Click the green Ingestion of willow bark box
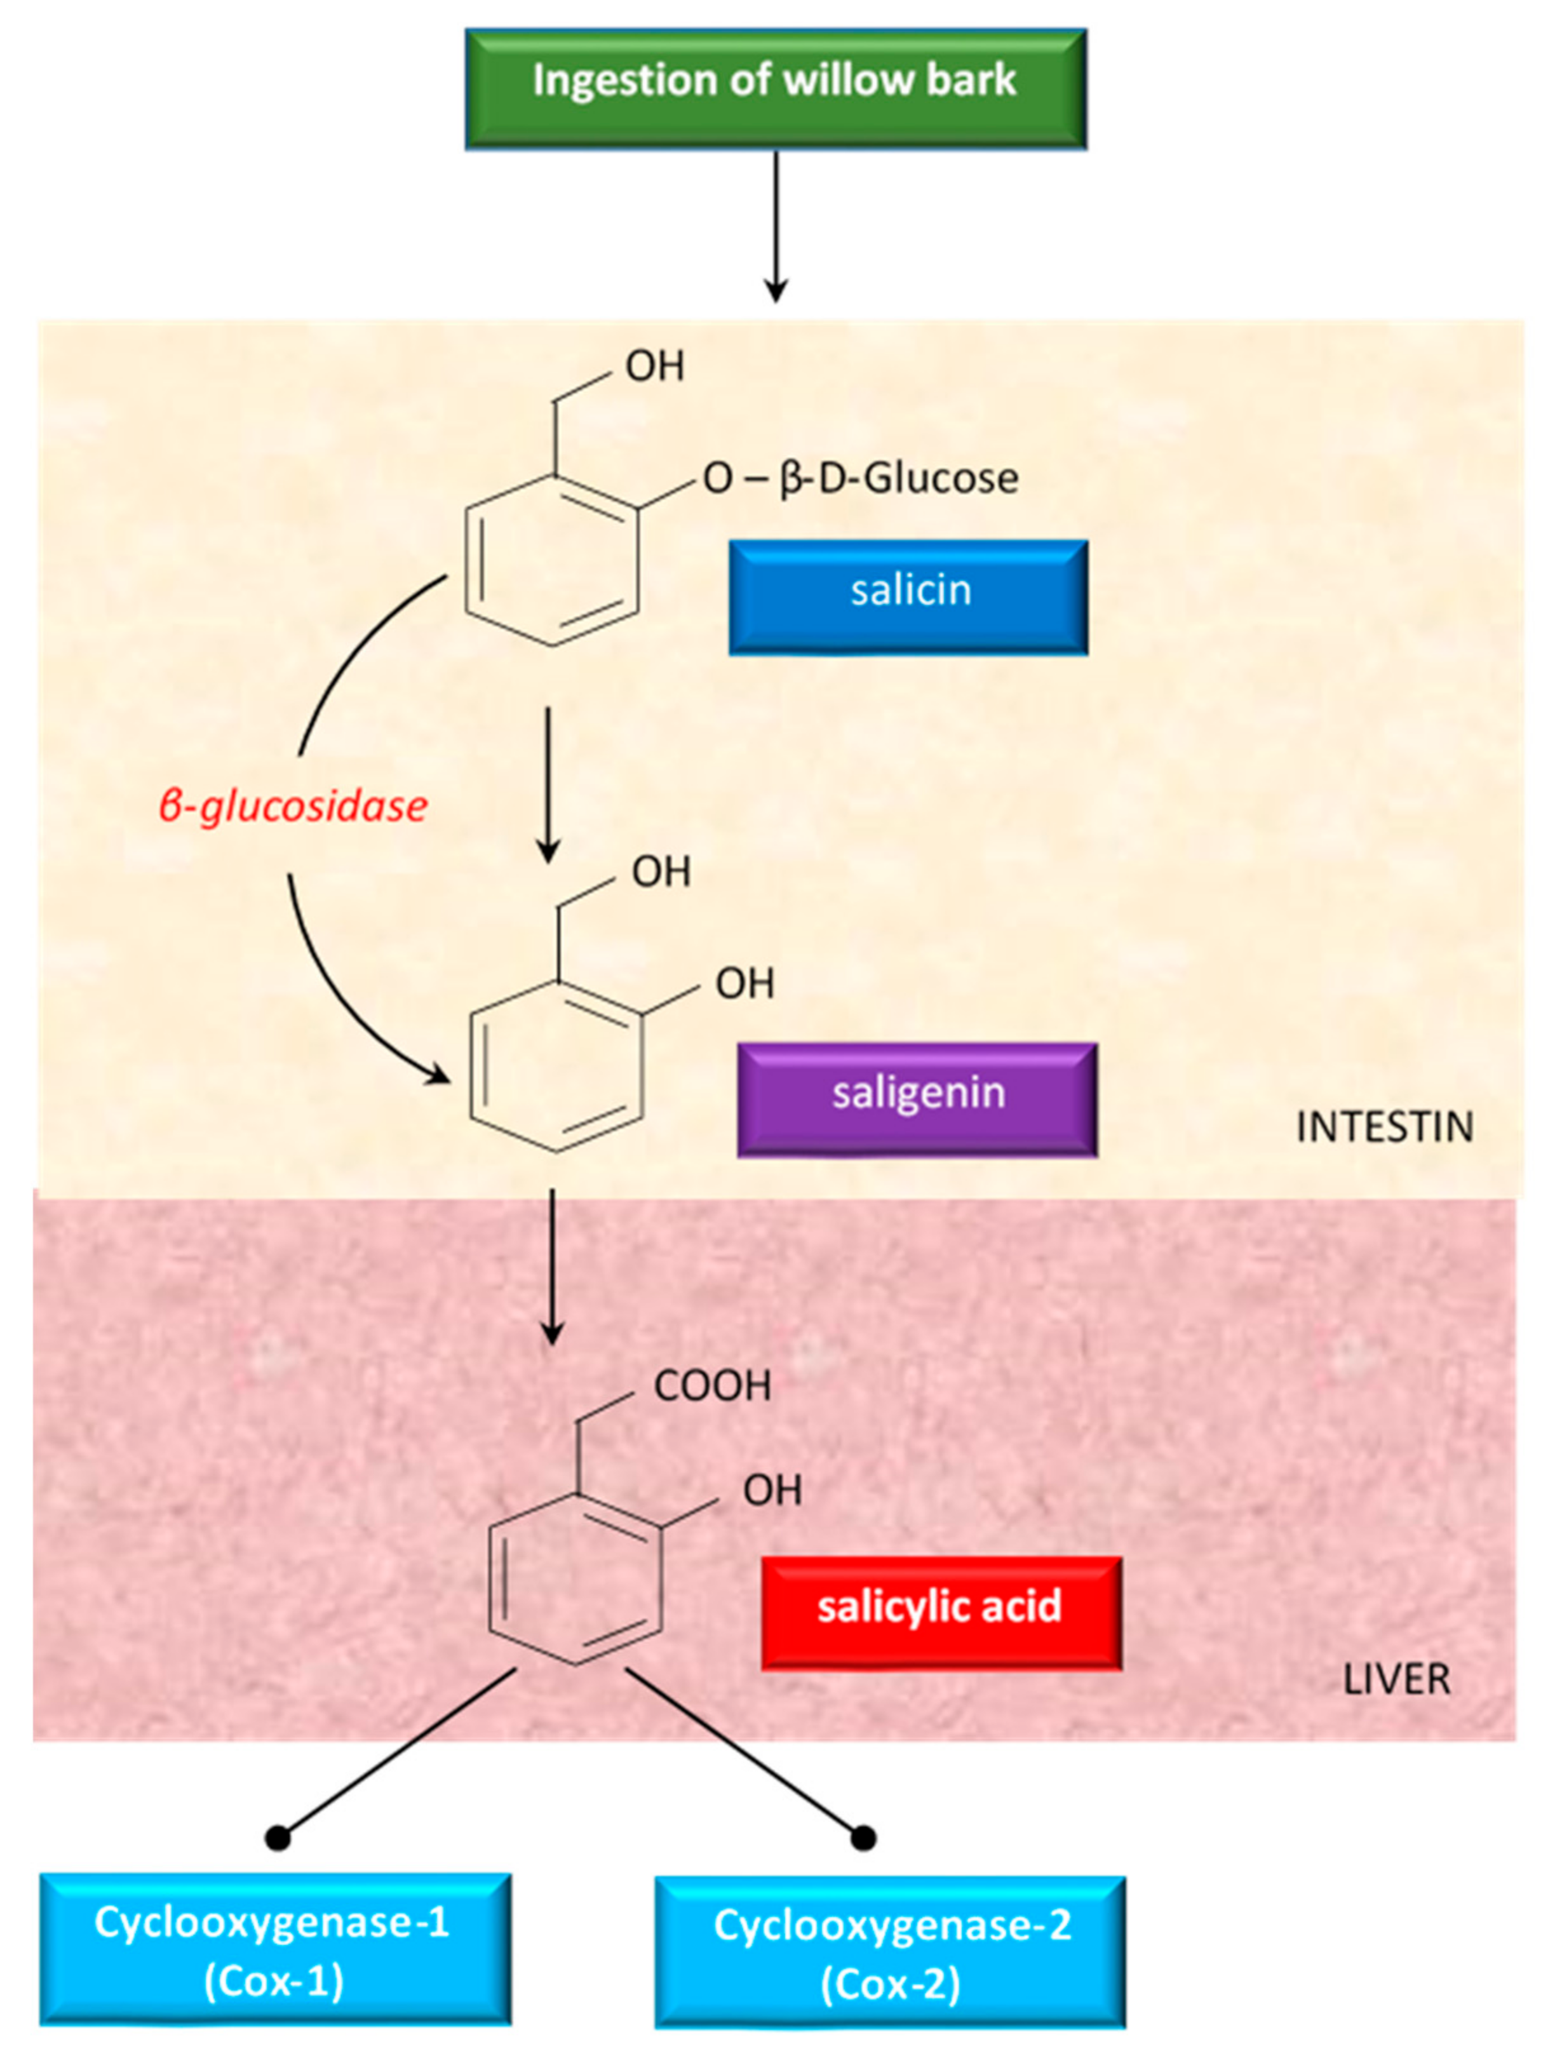coord(775,88)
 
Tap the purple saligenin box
coord(917,1099)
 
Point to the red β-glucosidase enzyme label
coord(293,805)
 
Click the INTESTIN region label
coord(1383,1127)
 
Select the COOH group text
coord(712,1386)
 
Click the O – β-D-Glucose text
coord(860,478)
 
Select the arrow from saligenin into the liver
coord(552,1265)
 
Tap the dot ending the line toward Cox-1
coord(278,1838)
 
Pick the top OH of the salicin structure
coord(655,367)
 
